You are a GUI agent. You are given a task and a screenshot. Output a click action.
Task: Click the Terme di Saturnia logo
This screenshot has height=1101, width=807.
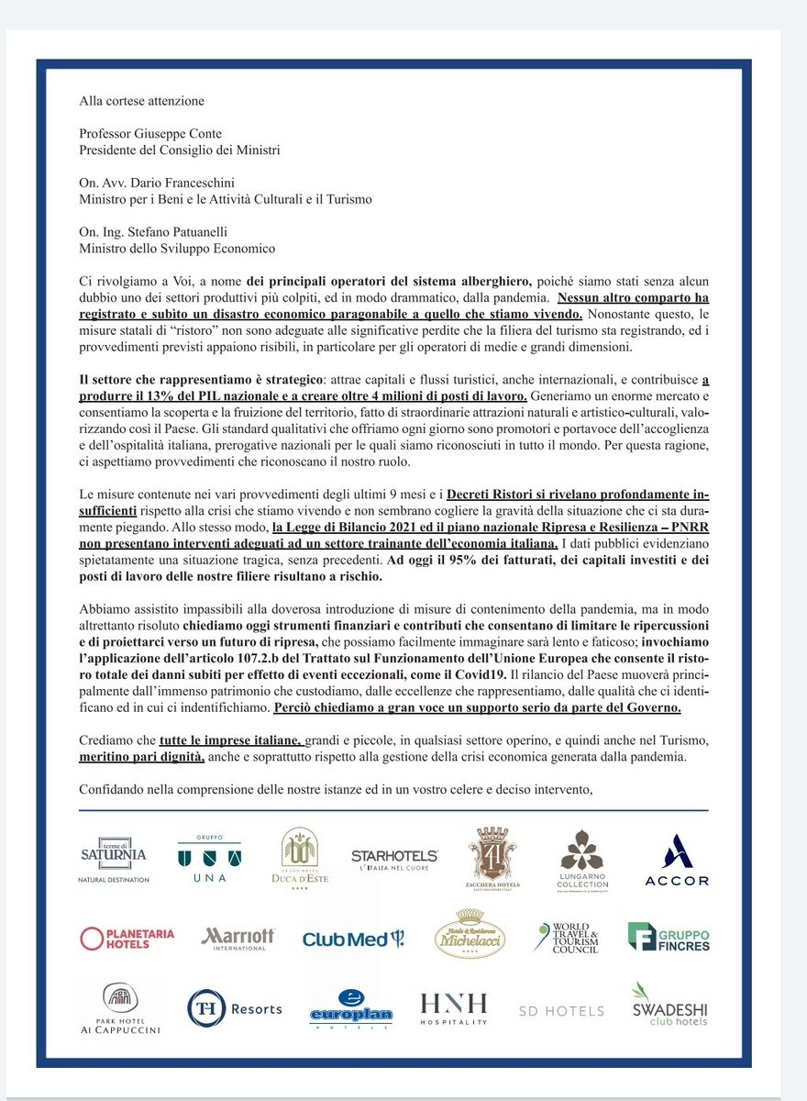coord(113,859)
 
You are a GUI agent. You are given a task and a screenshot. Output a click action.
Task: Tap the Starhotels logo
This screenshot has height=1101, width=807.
coord(395,859)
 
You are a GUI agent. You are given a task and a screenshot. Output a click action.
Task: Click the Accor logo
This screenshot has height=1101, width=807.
coord(677,860)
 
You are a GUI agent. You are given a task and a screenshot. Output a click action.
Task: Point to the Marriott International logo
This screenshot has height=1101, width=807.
coord(238,937)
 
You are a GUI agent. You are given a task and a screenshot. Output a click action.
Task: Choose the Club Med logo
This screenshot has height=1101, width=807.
coord(353,939)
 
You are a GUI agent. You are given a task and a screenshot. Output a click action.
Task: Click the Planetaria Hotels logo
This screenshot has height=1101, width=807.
coord(127,938)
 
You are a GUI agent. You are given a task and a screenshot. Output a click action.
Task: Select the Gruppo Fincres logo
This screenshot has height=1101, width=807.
coord(669,937)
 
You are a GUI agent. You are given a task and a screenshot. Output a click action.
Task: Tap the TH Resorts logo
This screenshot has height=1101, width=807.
coord(234,1008)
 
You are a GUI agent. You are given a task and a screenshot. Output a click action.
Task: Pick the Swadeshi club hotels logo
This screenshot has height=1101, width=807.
coord(669,1005)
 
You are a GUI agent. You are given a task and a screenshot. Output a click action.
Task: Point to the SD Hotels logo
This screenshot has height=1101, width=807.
coord(561,1011)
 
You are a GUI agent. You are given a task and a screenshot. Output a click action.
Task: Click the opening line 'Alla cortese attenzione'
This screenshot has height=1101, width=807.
coord(141,101)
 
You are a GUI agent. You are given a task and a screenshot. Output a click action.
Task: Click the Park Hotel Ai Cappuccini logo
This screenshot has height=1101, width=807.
coord(119,1009)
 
